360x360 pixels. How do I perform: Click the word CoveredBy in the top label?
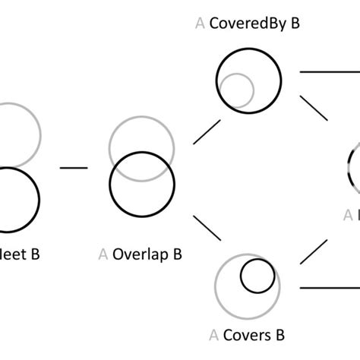pos(248,23)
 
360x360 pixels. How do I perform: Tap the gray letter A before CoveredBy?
pos(201,23)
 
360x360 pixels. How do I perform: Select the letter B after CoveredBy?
pos(295,23)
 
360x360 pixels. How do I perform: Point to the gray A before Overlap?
pos(103,254)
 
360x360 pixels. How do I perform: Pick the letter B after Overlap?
pos(176,254)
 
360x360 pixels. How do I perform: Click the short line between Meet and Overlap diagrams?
pos(74,167)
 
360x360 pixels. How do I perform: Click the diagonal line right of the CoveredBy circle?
pos(314,106)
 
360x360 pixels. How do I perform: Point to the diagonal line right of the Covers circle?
pos(314,252)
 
